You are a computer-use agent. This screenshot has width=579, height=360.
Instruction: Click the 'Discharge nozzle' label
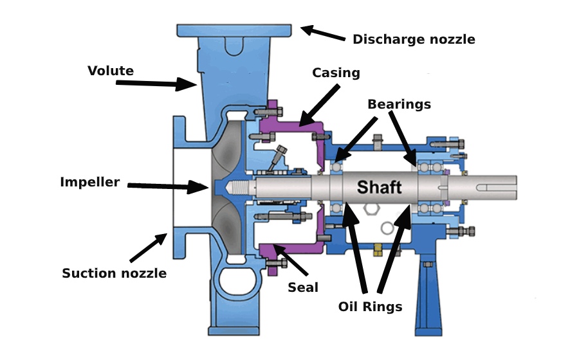click(414, 39)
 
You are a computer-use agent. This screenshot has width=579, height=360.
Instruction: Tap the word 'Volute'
click(111, 71)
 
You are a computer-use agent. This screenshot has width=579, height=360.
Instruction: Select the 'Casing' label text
click(336, 73)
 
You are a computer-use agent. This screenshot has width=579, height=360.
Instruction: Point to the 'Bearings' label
click(399, 104)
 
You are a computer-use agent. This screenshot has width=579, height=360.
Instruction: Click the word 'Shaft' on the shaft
click(379, 188)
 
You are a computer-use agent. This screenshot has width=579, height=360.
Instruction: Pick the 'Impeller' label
click(90, 182)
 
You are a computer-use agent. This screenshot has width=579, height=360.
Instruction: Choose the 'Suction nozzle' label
click(114, 273)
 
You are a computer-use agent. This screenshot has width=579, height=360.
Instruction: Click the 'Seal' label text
click(303, 287)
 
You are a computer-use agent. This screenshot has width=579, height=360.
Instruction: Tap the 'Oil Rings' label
click(370, 307)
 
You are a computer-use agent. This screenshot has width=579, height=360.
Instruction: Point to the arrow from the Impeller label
click(167, 187)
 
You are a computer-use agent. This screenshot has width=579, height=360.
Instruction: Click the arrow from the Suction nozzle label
click(148, 248)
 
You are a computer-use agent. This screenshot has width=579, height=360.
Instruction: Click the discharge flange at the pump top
click(234, 30)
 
